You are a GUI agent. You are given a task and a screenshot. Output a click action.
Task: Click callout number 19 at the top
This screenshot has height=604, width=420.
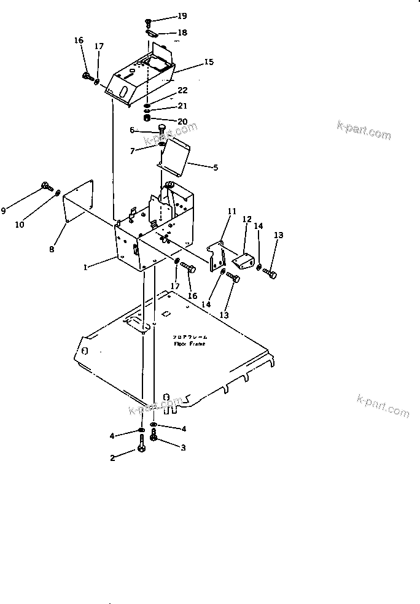click(182, 16)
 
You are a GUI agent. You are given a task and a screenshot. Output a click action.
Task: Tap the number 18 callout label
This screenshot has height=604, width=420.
click(182, 32)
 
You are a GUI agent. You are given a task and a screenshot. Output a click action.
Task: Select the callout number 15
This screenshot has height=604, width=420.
click(209, 62)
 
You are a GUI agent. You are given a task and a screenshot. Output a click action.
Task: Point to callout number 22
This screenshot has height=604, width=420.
click(182, 91)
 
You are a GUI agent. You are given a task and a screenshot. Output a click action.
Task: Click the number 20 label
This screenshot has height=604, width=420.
click(182, 121)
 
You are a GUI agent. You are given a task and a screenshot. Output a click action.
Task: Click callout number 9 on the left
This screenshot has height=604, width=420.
click(4, 211)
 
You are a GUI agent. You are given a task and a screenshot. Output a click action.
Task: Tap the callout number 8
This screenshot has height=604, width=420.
click(52, 249)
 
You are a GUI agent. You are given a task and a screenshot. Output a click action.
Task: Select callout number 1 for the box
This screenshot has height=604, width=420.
click(86, 267)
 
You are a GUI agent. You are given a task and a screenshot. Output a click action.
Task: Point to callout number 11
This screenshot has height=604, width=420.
click(231, 212)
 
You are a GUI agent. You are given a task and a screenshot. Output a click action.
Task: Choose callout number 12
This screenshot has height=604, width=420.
click(247, 219)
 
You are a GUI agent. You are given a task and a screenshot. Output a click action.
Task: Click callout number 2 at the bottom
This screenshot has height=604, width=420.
click(112, 457)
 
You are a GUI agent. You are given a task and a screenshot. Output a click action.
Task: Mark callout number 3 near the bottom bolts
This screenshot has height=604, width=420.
click(182, 448)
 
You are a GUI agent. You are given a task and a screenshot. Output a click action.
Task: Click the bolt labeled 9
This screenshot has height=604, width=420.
click(46, 185)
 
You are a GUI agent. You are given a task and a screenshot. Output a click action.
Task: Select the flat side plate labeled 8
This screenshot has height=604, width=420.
click(79, 203)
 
